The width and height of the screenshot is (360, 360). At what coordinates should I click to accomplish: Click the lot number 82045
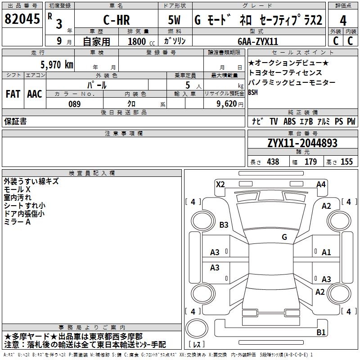coord(22,19)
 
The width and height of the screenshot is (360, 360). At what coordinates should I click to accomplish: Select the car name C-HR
coord(116,20)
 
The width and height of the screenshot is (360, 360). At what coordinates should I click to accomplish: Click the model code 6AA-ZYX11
coord(258,41)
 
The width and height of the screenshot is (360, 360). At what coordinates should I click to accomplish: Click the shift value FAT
coord(13,94)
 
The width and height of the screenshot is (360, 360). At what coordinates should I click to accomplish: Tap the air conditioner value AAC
coord(34,94)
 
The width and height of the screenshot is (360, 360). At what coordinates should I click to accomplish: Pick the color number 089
coord(74,104)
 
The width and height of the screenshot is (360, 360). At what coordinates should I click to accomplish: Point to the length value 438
coord(272,162)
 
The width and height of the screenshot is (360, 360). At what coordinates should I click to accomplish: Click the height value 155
coord(346,162)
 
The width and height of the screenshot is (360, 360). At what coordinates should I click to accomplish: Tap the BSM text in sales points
coord(253,93)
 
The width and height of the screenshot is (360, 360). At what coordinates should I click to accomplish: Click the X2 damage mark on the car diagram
coord(220,184)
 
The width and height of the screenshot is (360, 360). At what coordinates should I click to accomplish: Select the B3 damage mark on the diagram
coord(224,225)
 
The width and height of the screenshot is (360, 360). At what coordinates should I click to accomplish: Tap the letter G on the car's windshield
coord(284,237)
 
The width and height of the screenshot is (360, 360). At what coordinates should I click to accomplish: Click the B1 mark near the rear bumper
coord(321,333)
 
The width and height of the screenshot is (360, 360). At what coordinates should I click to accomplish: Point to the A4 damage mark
coord(321,184)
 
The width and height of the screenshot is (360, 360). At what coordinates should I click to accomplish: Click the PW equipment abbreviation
coord(351,121)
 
